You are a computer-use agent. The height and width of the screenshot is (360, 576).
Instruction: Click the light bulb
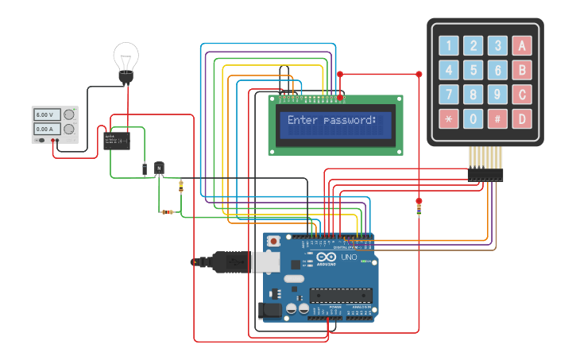[126, 60]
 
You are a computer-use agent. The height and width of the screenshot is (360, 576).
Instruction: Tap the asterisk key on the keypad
[449, 119]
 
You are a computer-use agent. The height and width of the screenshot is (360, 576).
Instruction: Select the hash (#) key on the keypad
[497, 119]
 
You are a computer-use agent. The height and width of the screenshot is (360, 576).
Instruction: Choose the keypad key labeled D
[522, 119]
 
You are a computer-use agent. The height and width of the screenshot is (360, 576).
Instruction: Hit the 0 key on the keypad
[474, 119]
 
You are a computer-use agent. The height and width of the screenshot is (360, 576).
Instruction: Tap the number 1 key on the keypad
[449, 45]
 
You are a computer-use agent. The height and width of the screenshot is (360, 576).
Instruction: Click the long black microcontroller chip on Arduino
[346, 295]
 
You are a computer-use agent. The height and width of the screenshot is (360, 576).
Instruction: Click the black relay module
[118, 141]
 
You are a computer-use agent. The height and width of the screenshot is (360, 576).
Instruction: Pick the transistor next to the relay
[159, 168]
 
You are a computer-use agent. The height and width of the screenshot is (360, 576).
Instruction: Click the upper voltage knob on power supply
[69, 114]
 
